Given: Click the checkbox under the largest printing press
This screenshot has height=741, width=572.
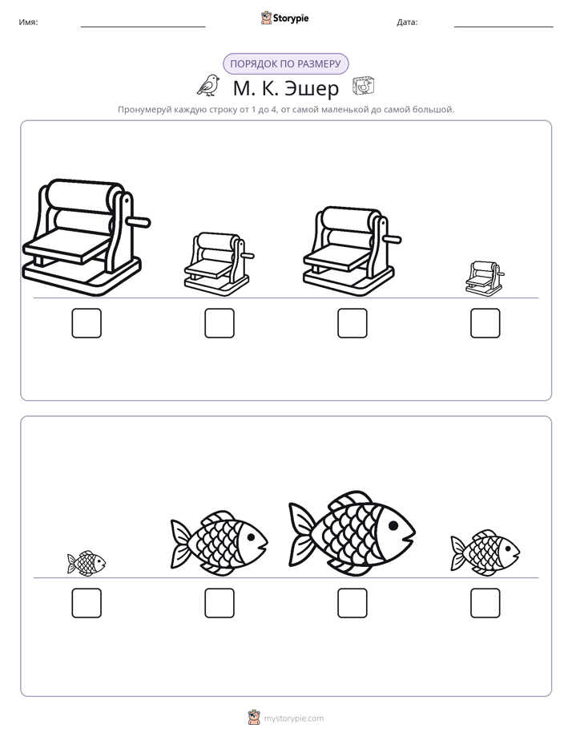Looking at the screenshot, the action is (x=87, y=323).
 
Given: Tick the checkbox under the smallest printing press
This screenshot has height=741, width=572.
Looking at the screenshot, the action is (x=485, y=323).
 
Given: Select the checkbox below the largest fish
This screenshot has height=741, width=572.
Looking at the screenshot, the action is (x=352, y=603).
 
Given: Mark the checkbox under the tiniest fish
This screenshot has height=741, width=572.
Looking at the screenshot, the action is (x=87, y=603).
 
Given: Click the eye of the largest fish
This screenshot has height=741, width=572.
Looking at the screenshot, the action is (x=393, y=525).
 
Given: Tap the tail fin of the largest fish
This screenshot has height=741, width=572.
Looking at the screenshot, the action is (x=301, y=533).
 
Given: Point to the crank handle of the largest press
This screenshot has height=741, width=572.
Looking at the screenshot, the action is (x=139, y=221).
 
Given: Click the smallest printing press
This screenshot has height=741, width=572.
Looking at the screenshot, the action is (x=484, y=279).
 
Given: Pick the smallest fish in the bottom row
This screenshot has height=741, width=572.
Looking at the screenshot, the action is (x=87, y=563).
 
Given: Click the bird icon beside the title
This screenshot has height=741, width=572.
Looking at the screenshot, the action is (x=208, y=85).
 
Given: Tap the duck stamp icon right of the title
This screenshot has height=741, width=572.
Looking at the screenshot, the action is (x=364, y=86).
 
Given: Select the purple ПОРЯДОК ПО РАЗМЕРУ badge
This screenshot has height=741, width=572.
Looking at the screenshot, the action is (x=285, y=64).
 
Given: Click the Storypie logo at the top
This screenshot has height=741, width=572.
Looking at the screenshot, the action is (x=284, y=18).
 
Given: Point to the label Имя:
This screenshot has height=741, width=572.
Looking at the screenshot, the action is (x=28, y=22).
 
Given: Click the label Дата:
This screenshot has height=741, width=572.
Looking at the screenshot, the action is (x=407, y=22).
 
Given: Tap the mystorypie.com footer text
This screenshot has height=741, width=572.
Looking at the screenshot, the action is (x=293, y=719).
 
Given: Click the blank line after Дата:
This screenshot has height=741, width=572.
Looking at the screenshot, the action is (x=504, y=26).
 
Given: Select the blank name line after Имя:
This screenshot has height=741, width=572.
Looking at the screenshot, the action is (x=143, y=26).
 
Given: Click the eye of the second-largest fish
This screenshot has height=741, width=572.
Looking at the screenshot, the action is (x=251, y=537).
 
